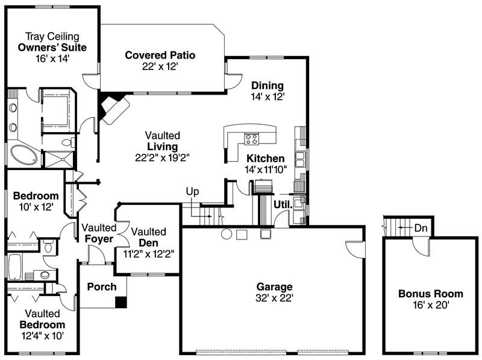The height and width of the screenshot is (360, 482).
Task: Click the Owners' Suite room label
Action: coord(52,47)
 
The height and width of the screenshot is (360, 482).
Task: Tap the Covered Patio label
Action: coord(160,55)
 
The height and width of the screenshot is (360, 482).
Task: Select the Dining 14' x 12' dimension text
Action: coord(268,96)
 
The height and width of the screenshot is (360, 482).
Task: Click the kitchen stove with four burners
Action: coord(252,139)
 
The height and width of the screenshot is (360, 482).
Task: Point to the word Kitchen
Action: coord(265,159)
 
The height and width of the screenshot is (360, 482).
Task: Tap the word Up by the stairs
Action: coord(192,192)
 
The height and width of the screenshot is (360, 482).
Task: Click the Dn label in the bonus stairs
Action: coord(421,228)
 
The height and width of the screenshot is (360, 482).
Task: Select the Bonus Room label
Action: coord(431,294)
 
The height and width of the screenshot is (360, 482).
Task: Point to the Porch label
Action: coord(102,286)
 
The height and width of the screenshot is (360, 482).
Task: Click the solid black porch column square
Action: coord(121,302)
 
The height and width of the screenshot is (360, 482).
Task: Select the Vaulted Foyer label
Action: coord(99,233)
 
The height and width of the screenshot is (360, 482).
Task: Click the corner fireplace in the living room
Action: coord(112,108)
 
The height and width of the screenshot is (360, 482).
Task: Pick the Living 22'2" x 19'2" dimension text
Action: coord(157,157)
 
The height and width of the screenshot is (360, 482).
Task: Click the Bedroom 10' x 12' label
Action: coord(36,201)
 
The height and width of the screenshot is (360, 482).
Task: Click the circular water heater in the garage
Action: coord(227,234)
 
